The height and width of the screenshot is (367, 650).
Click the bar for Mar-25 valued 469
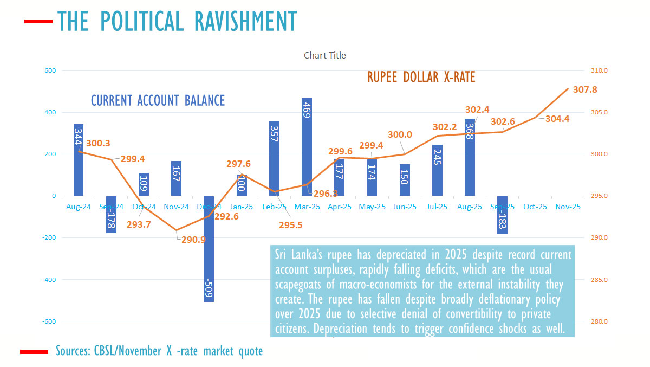tap(307, 147)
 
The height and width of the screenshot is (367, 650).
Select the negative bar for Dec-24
tap(209, 249)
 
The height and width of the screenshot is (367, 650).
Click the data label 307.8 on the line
tap(585, 89)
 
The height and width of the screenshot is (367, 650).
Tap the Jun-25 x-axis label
tap(405, 207)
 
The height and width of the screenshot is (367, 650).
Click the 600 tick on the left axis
tap(50, 70)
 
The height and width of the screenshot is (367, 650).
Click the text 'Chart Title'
tap(324, 55)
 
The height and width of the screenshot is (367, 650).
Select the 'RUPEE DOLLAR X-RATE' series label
tap(421, 78)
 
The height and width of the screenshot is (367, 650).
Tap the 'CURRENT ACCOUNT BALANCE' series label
tap(158, 101)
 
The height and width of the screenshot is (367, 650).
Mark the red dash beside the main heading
tap(38, 22)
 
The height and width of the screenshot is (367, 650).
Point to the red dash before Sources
tap(34, 352)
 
